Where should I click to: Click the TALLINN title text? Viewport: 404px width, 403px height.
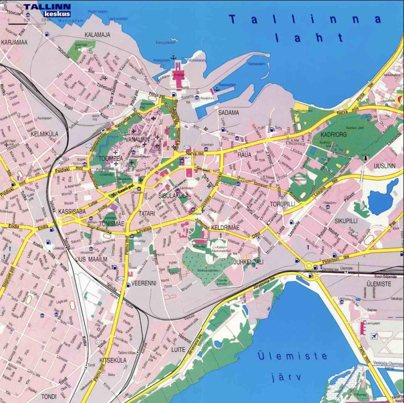pos(47,6)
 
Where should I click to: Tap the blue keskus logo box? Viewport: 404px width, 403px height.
pos(57,14)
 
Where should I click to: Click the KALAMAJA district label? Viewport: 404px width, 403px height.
pos(97,35)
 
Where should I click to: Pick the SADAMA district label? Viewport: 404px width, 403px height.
pos(229,113)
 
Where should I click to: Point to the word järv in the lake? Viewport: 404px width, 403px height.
pos(286,377)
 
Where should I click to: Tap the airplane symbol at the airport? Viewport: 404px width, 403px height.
pos(374,336)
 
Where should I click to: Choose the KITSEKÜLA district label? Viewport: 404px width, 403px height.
pos(113,360)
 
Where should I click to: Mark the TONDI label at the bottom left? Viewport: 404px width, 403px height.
pos(49,397)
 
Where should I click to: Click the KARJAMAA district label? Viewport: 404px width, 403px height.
pos(14,43)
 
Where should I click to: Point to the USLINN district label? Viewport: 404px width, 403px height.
pos(384,166)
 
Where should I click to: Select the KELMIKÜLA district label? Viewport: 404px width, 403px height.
pos(44,134)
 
